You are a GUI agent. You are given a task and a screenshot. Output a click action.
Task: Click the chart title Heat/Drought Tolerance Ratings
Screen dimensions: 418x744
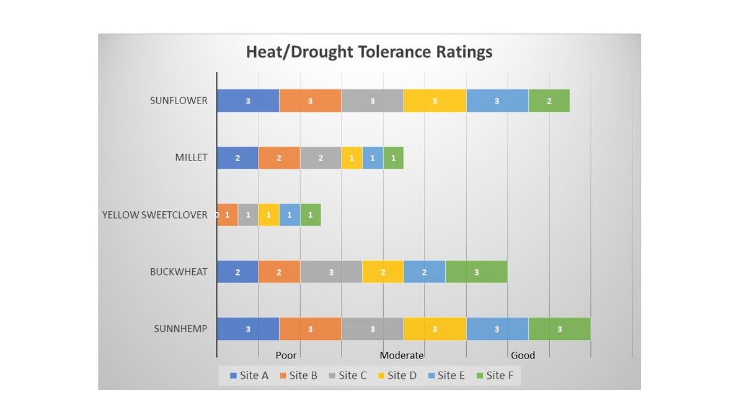tap(369, 51)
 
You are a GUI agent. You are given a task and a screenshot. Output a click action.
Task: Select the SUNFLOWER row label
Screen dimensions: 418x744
tap(179, 100)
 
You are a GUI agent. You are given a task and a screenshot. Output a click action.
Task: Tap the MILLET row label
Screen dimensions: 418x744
tap(191, 157)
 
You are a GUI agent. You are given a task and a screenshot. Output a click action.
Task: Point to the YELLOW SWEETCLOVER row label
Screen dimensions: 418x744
tap(155, 215)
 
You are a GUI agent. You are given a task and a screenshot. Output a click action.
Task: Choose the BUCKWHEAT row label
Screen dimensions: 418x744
tap(179, 272)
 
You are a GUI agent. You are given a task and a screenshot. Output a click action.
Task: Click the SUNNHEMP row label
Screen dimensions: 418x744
tap(180, 329)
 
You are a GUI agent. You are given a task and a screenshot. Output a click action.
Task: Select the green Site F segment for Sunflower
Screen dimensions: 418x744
tap(549, 101)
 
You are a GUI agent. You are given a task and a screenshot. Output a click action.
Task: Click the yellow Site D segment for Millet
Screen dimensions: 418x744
tap(352, 158)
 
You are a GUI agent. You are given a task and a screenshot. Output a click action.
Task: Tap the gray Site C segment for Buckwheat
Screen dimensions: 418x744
tap(331, 272)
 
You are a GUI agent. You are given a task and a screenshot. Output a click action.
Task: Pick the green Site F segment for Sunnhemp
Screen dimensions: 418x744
tap(559, 329)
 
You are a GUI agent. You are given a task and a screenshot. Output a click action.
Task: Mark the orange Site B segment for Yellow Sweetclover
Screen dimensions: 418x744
tap(228, 215)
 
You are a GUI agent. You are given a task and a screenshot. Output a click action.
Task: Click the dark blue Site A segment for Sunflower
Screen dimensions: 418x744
tap(248, 101)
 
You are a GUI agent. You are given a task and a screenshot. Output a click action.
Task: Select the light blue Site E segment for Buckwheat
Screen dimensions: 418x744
tap(424, 272)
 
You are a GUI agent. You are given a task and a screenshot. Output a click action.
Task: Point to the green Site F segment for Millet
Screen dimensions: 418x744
tap(393, 158)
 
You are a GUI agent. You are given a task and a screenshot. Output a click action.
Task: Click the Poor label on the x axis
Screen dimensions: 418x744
tap(286, 355)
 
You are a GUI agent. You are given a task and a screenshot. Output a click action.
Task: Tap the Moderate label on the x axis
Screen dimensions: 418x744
tap(401, 355)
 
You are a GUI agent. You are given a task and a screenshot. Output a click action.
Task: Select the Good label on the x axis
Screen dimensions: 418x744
tap(523, 355)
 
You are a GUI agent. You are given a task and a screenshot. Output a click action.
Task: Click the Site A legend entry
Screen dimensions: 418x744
tap(249, 375)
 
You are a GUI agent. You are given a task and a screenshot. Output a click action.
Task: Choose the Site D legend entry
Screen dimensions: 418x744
tap(397, 375)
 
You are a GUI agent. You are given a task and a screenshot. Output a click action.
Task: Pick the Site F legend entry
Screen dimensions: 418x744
tap(494, 375)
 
